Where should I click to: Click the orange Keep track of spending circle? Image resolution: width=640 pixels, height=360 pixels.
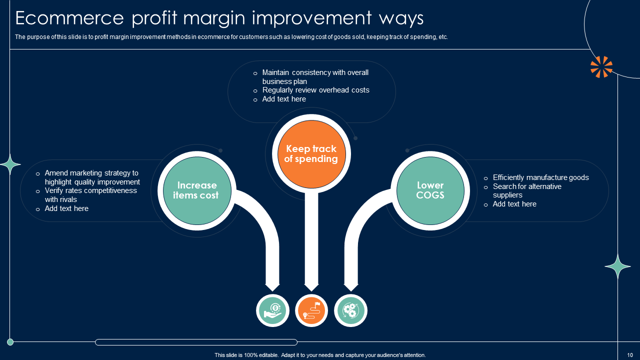(x=311, y=154)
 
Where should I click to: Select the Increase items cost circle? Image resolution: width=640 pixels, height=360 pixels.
(x=197, y=190)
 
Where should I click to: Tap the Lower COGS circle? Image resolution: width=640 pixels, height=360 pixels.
(x=430, y=190)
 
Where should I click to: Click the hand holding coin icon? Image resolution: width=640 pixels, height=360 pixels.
(x=272, y=310)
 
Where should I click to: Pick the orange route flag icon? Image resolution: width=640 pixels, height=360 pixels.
(x=311, y=310)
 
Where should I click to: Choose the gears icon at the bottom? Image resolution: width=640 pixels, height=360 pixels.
(x=350, y=310)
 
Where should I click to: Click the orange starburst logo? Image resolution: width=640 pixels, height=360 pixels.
(x=601, y=67)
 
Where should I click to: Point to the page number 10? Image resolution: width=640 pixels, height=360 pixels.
(x=630, y=355)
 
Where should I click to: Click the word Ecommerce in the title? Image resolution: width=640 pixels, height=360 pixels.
(x=69, y=18)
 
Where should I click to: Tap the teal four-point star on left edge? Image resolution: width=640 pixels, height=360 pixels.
(x=10, y=164)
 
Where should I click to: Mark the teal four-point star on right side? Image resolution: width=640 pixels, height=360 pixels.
(x=617, y=266)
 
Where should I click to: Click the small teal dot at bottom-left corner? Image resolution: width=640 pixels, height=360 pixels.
(x=10, y=341)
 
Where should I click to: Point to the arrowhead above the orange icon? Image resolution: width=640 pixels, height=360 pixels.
(x=311, y=287)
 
